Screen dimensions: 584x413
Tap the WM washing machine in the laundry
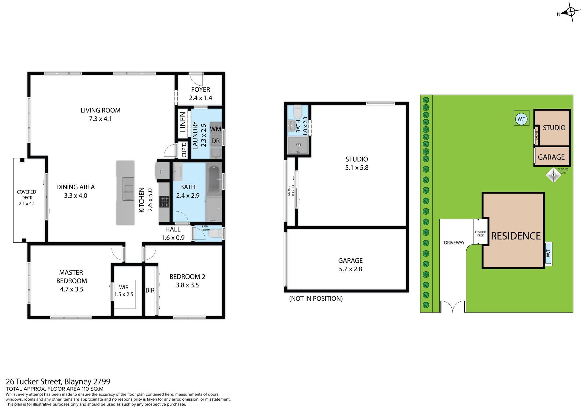click(x=216, y=129)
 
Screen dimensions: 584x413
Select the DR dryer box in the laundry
click(x=216, y=141)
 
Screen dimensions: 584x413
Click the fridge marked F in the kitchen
click(x=162, y=172)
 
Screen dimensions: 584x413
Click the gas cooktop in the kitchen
click(x=164, y=202)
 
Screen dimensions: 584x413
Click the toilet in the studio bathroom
click(x=298, y=112)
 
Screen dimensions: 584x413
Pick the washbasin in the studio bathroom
click(x=291, y=125)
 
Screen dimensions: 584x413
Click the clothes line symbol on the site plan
click(x=553, y=175)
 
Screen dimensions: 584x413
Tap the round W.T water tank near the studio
click(x=521, y=119)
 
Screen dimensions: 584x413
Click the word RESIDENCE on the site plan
click(x=516, y=236)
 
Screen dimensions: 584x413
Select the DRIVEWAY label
click(x=454, y=243)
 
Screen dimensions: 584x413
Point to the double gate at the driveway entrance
click(x=453, y=307)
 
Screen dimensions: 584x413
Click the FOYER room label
click(x=201, y=90)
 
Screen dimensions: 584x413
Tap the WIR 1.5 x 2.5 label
click(x=124, y=291)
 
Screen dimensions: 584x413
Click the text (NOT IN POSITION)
click(x=316, y=298)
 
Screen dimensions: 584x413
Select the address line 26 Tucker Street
click(x=58, y=382)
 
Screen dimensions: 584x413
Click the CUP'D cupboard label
click(x=184, y=150)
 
